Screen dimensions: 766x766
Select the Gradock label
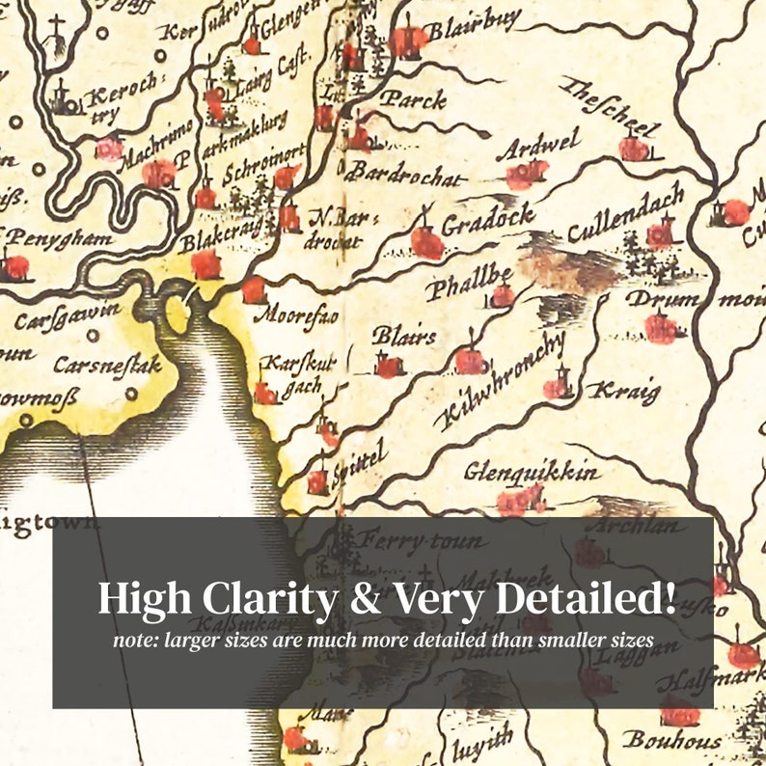[488, 223]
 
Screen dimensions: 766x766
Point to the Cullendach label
[625, 215]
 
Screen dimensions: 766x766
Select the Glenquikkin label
[532, 473]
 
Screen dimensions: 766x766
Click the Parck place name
[412, 98]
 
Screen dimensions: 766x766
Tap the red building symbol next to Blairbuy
[408, 40]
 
